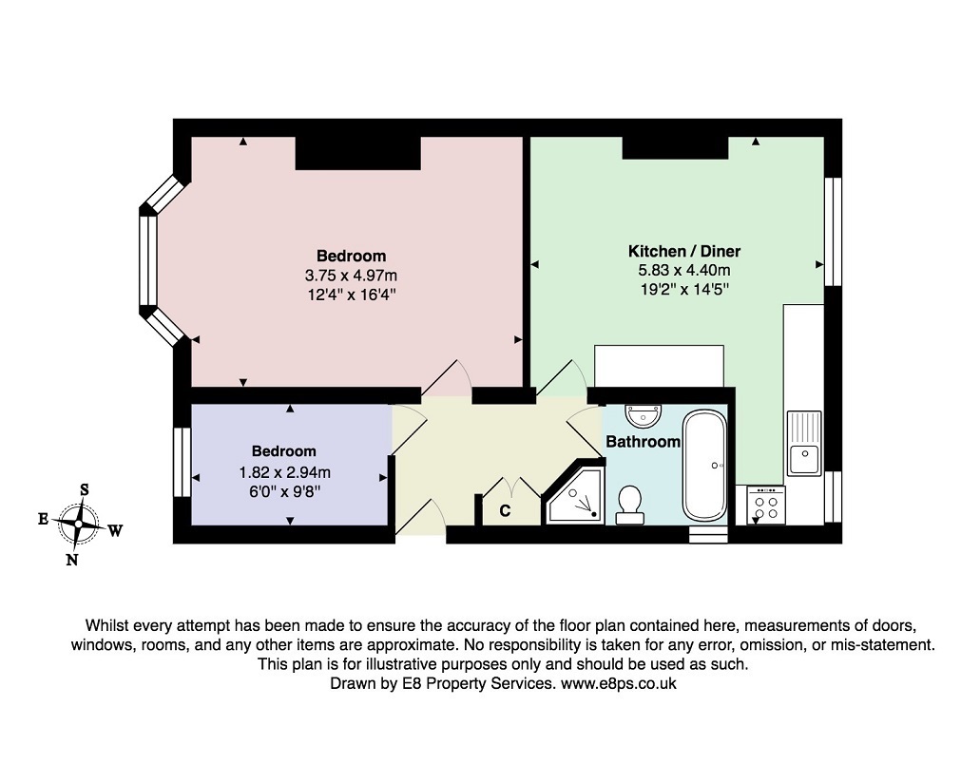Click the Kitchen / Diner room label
pos(684,251)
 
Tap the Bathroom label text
pos(643,442)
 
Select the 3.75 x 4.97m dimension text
pos(351,275)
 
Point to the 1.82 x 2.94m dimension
pos(284,472)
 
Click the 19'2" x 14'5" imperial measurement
pos(684,289)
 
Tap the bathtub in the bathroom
pos(704,467)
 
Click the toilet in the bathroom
pos(629,506)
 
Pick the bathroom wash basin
pos(643,415)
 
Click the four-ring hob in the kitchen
pos(766,505)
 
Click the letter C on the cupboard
pos(505,510)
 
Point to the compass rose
pos(78,524)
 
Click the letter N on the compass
pos(72,560)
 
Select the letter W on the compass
pos(115,530)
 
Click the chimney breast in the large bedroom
pos(358,153)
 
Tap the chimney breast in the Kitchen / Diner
pos(676,147)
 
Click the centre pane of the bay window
pos(148,260)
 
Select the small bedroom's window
pos(182,461)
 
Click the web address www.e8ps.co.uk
pos(619,683)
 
